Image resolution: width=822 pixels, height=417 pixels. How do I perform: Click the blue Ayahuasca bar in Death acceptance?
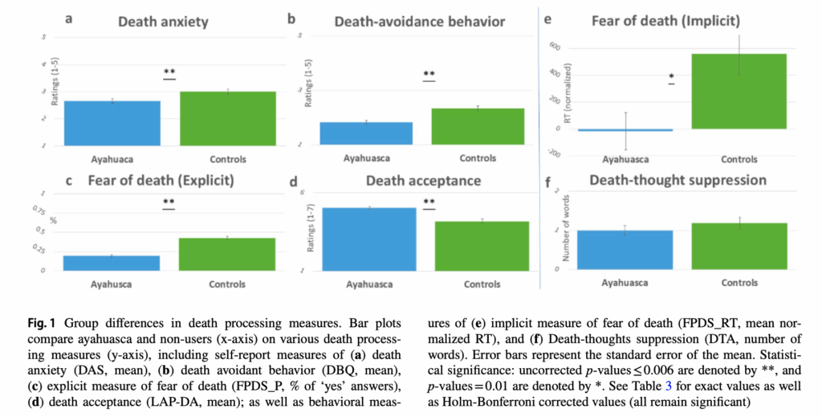coord(368,239)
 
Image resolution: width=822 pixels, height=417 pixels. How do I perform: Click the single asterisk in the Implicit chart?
coord(670,77)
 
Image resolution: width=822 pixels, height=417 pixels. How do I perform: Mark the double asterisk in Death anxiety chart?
coord(169,73)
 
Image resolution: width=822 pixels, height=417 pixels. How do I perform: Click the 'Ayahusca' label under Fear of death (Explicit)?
coord(113,284)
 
